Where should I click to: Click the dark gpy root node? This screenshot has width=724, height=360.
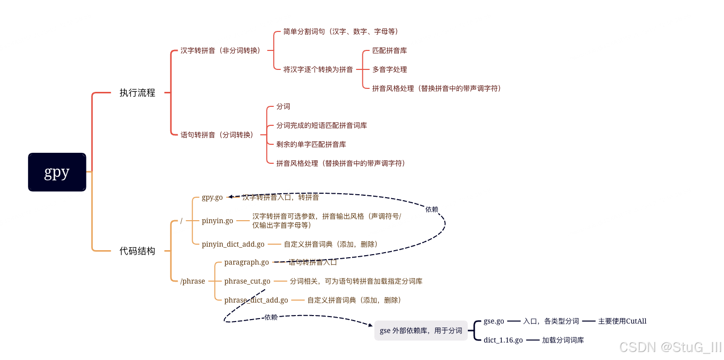click(x=57, y=172)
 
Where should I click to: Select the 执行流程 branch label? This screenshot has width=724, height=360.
click(x=137, y=93)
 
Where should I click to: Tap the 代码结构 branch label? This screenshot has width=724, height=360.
click(x=137, y=251)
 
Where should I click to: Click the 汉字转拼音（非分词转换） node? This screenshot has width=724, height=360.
click(x=220, y=50)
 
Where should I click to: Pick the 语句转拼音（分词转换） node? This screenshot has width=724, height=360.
click(x=217, y=135)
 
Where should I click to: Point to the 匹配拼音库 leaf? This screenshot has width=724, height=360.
click(x=389, y=50)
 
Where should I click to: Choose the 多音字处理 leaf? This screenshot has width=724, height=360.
click(x=389, y=69)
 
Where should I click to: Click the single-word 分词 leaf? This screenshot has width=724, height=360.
click(x=283, y=106)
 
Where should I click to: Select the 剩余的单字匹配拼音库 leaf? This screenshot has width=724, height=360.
click(x=311, y=144)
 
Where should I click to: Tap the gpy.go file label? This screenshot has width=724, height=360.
click(x=212, y=197)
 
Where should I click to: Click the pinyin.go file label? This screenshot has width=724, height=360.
click(x=217, y=221)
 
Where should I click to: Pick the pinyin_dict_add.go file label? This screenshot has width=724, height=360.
click(x=233, y=244)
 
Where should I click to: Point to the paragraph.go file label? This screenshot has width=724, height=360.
click(x=247, y=262)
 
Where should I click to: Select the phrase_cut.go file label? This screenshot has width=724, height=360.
click(x=247, y=281)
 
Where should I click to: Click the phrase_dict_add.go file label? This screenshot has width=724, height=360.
click(x=256, y=300)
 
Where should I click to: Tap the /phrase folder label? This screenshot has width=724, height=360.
click(x=193, y=281)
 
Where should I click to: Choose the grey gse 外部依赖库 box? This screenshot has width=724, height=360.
click(x=421, y=331)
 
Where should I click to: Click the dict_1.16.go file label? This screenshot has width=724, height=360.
click(x=503, y=340)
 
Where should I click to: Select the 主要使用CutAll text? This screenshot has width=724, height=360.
click(x=622, y=321)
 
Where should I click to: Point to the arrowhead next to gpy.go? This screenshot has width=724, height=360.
click(x=231, y=197)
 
